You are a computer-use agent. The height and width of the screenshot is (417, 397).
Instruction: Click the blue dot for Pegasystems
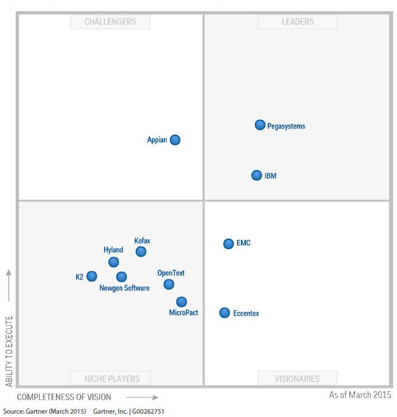tap(260, 125)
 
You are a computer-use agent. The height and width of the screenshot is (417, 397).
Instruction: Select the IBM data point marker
tap(257, 176)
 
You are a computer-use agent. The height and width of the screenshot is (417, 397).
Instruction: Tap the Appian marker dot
tap(175, 140)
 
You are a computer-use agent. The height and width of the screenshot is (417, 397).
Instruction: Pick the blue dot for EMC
tap(229, 244)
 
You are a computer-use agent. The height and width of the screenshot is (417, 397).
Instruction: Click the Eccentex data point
tap(225, 313)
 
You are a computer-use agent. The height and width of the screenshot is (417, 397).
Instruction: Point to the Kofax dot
tap(141, 252)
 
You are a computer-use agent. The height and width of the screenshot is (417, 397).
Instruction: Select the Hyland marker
tap(114, 262)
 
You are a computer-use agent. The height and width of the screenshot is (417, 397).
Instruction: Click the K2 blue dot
tap(92, 276)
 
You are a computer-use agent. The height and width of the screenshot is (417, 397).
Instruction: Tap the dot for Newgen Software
tap(121, 277)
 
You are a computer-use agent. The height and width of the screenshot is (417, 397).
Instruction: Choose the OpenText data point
tap(169, 285)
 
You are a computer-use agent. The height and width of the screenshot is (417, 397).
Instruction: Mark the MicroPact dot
tap(182, 302)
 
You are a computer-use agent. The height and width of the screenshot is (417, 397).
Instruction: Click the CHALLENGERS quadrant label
tap(110, 22)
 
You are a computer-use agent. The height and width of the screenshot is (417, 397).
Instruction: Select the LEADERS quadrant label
tap(297, 22)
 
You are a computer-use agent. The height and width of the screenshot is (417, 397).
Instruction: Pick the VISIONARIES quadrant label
tap(297, 378)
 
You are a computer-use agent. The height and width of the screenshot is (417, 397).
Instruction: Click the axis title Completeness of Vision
tap(64, 397)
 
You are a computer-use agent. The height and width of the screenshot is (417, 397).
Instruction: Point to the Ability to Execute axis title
tap(9, 351)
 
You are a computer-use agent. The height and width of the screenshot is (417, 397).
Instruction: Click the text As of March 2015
tap(360, 395)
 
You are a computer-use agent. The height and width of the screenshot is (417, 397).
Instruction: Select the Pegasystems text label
tap(286, 126)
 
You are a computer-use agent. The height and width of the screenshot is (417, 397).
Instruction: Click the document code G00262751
tap(148, 411)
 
